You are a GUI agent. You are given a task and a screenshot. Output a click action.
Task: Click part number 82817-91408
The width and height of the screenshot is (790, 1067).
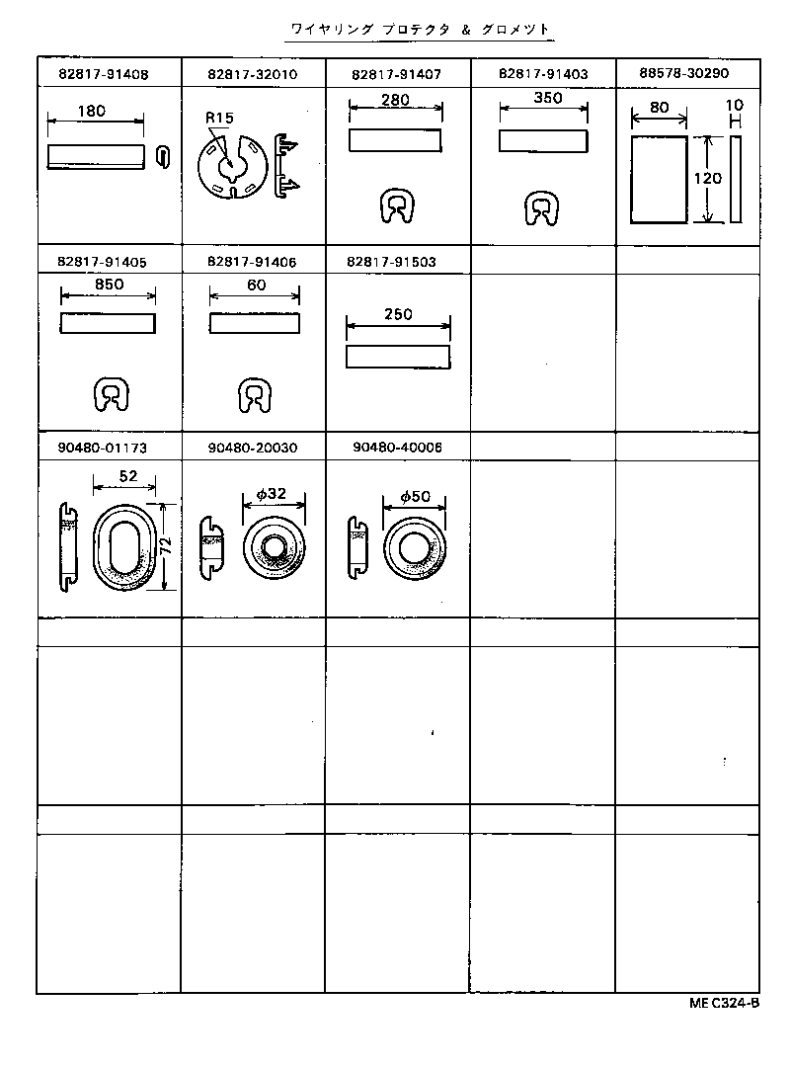pos(103,74)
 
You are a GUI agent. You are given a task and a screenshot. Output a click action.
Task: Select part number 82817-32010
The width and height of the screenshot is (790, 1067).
pos(253,74)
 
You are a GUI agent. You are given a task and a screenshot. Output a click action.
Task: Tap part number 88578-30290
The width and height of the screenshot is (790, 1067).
pos(684,73)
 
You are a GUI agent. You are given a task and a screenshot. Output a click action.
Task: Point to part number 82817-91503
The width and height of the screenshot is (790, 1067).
pos(392,262)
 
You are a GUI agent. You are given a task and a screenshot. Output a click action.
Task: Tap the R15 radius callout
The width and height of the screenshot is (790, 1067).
pos(219,119)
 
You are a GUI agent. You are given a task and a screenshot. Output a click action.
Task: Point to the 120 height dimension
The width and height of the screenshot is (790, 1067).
pos(707,179)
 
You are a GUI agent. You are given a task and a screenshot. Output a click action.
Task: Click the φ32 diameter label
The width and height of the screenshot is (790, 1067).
pos(271,493)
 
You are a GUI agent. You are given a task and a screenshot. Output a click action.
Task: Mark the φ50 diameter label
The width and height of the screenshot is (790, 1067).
pos(415,497)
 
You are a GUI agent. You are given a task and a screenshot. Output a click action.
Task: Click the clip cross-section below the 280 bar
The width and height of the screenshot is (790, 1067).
pos(396,207)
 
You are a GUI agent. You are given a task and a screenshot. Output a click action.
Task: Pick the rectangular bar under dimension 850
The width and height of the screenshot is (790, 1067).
pos(108,324)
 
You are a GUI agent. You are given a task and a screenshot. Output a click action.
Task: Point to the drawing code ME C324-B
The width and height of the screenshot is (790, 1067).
pos(724,1003)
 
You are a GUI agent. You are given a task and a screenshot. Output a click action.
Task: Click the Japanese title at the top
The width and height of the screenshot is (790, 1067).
pos(419,31)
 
